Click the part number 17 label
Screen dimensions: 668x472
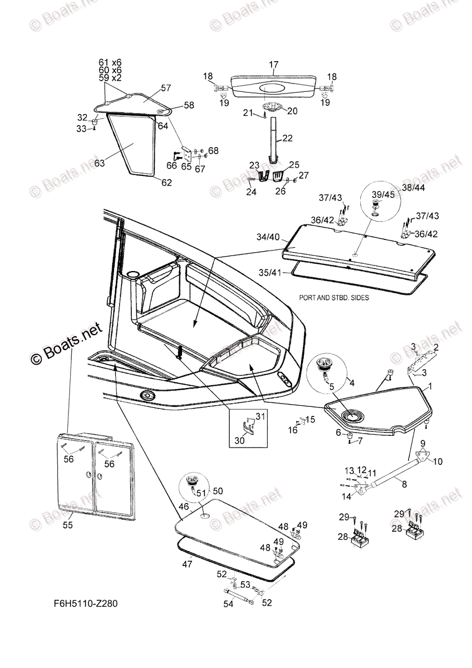pos(274,65)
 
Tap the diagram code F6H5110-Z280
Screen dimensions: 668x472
pos(86,603)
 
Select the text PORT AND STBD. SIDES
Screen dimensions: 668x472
pos(334,297)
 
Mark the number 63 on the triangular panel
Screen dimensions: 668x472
pos(99,163)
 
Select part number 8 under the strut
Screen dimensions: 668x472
pos(404,484)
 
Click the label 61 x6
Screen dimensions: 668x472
pos(110,62)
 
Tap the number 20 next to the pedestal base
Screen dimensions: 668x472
pos(292,111)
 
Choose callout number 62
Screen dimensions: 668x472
pos(166,182)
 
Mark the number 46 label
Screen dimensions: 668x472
pos(183,508)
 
